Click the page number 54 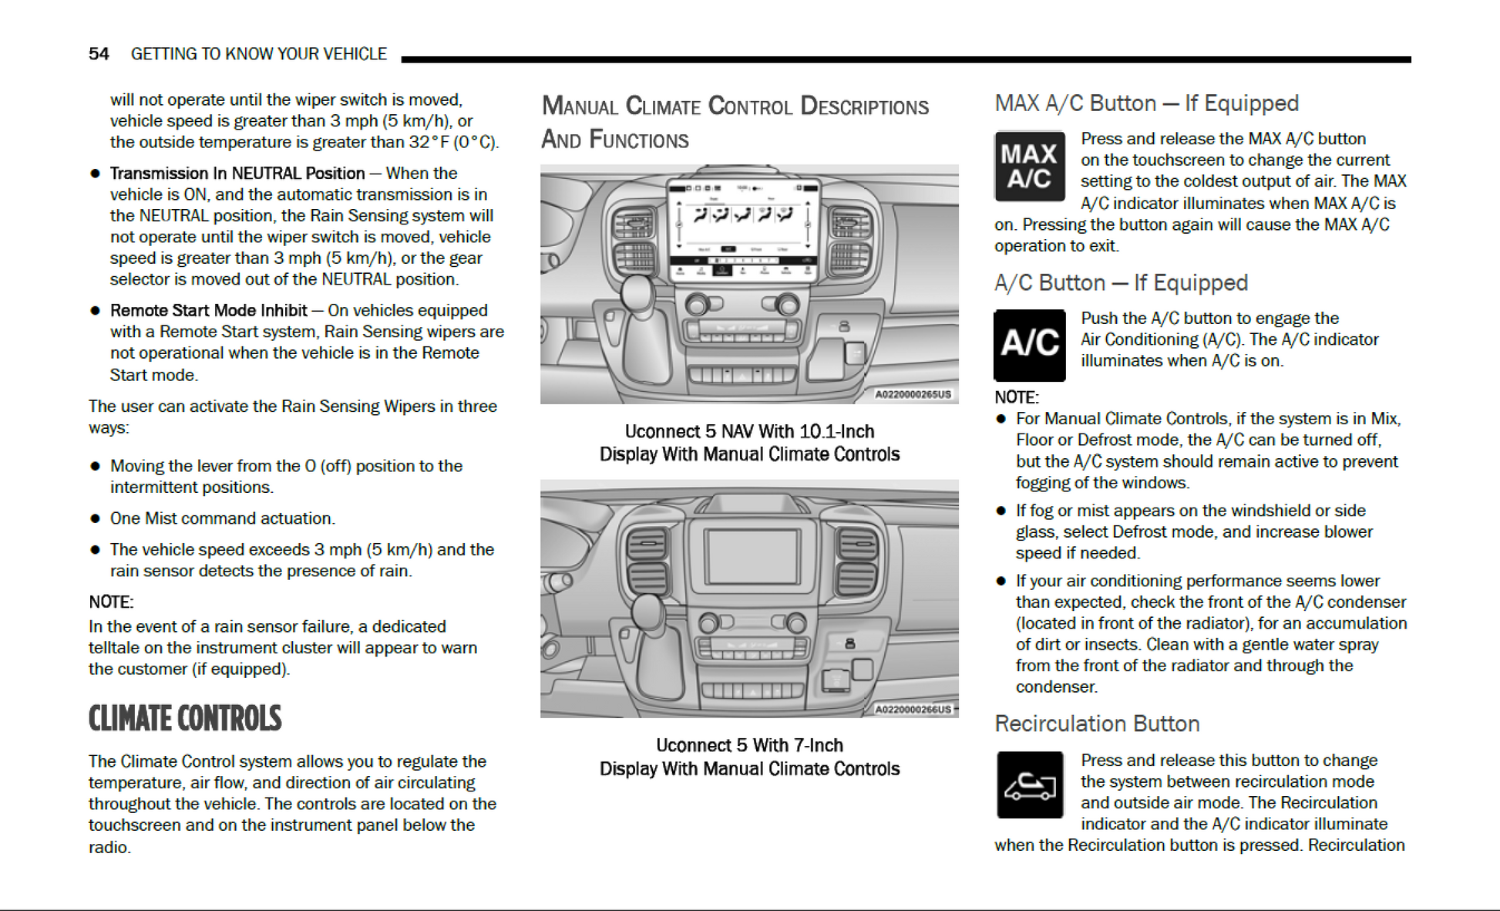coord(99,54)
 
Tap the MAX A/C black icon coord(1029,167)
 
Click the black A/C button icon coord(1029,345)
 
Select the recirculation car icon coord(1029,785)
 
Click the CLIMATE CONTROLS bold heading coord(185,719)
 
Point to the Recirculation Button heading coord(1097,724)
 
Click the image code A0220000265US coord(912,394)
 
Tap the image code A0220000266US coord(913,709)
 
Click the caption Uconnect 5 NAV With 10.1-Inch coord(749,431)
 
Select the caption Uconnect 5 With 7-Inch coord(749,745)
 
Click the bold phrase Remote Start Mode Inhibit coord(208,310)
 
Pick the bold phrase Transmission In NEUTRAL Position coord(237,173)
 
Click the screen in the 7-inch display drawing coord(752,555)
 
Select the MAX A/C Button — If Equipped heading coord(1146,103)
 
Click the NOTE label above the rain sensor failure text coord(111,602)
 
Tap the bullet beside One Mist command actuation coord(96,518)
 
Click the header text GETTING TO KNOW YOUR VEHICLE coord(258,54)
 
